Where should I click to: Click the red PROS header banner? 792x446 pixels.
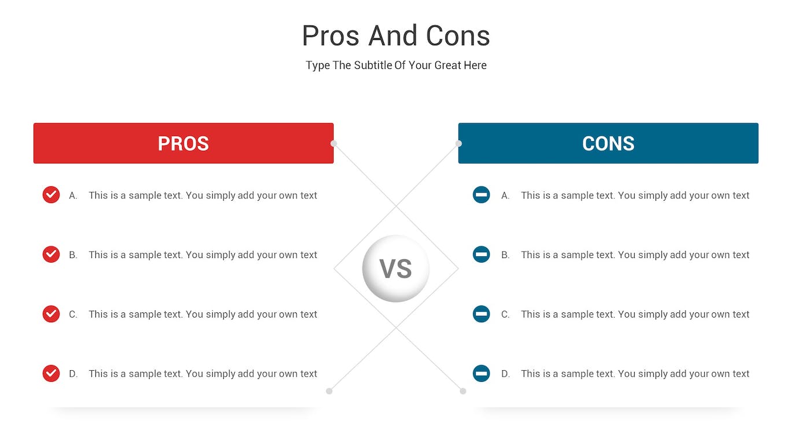(183, 143)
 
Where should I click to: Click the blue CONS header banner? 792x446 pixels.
(608, 143)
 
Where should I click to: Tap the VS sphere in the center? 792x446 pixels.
(396, 268)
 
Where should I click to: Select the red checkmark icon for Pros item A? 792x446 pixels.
(51, 195)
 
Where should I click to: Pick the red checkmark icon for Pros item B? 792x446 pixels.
(51, 255)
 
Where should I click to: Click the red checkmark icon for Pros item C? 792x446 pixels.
(51, 314)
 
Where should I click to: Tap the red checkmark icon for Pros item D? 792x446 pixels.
(51, 374)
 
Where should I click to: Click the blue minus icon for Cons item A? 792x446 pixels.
(481, 195)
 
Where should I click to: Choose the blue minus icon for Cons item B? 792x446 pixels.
(481, 255)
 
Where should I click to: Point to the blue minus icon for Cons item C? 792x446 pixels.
(481, 314)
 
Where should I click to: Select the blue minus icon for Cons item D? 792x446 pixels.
(481, 374)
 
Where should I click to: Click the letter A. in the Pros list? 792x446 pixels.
(73, 196)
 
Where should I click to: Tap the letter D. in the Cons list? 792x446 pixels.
(505, 374)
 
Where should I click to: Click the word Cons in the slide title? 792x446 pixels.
(458, 36)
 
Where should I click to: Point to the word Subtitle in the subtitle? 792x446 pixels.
(373, 65)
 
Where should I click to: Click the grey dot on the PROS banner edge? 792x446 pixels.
(334, 143)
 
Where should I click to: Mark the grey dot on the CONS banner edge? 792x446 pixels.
(458, 143)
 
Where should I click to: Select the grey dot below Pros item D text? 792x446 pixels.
(329, 391)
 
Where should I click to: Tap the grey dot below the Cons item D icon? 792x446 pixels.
(463, 391)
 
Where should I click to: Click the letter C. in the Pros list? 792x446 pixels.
(73, 315)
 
